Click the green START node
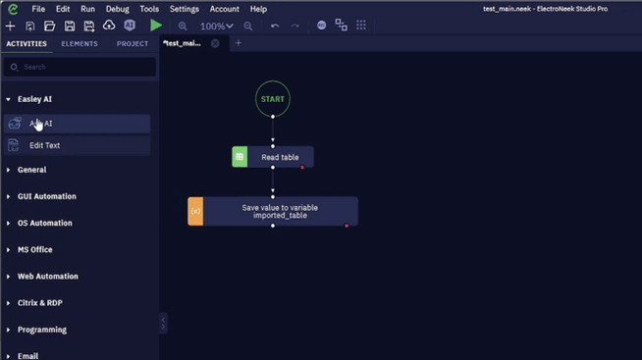click(273, 99)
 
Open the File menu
click(38, 9)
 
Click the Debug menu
click(117, 9)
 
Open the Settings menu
click(184, 9)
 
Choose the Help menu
click(258, 9)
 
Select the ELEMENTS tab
click(80, 44)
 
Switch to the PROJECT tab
click(133, 44)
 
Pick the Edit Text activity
click(45, 145)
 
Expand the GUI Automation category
click(46, 196)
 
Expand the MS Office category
click(35, 250)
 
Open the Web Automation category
click(47, 277)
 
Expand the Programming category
click(42, 330)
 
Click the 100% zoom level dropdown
click(216, 26)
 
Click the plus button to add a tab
click(239, 43)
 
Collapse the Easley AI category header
click(34, 99)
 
